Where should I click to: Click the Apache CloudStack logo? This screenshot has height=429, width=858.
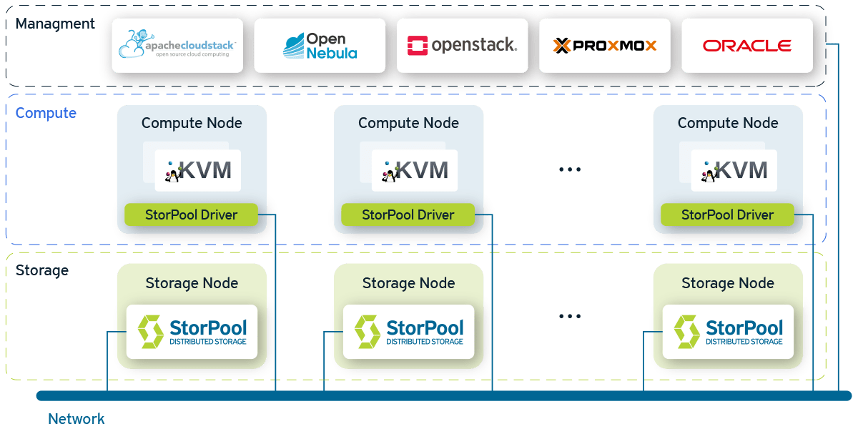pyautogui.click(x=177, y=45)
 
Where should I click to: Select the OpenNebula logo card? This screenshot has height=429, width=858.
pyautogui.click(x=320, y=45)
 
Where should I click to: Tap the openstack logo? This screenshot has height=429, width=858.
pyautogui.click(x=462, y=46)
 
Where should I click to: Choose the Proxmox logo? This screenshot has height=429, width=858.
pyautogui.click(x=604, y=46)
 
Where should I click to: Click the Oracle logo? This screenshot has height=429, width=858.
pyautogui.click(x=746, y=46)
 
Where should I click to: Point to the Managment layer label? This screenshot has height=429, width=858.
pyautogui.click(x=55, y=24)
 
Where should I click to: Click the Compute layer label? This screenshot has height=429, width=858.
pyautogui.click(x=46, y=113)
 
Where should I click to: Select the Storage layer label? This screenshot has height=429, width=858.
pyautogui.click(x=42, y=270)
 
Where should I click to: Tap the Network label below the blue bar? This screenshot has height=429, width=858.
pyautogui.click(x=76, y=419)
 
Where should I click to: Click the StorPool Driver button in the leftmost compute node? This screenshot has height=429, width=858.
pyautogui.click(x=191, y=214)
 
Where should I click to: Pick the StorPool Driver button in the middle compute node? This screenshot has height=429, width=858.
pyautogui.click(x=408, y=214)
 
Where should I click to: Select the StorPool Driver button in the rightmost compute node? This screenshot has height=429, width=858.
pyautogui.click(x=727, y=214)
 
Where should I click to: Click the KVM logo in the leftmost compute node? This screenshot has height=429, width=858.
pyautogui.click(x=198, y=170)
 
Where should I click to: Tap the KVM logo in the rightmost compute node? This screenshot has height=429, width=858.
pyautogui.click(x=734, y=170)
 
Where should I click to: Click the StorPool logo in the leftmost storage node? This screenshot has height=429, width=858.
pyautogui.click(x=192, y=331)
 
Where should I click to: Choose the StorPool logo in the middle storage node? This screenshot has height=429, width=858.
pyautogui.click(x=409, y=331)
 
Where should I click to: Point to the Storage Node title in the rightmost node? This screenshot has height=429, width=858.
pyautogui.click(x=728, y=283)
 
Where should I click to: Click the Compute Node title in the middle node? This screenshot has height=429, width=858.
pyautogui.click(x=408, y=123)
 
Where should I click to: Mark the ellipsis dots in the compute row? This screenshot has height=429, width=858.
pyautogui.click(x=570, y=169)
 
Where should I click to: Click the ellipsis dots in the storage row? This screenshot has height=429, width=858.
pyautogui.click(x=570, y=316)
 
